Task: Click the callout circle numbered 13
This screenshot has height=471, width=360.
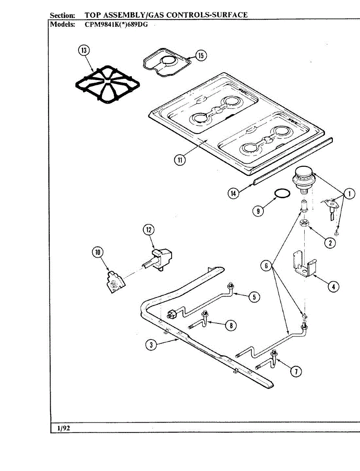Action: click(84, 50)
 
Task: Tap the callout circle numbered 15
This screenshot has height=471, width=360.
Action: click(201, 56)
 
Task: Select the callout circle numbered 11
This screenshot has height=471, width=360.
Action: click(180, 160)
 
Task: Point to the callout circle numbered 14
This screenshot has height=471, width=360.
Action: click(234, 194)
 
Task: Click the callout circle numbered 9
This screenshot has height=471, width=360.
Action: click(258, 211)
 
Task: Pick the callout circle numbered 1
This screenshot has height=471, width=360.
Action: click(349, 194)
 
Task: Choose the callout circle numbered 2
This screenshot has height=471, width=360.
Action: click(330, 243)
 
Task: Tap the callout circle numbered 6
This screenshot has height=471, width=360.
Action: click(266, 266)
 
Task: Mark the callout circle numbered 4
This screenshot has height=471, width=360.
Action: click(333, 287)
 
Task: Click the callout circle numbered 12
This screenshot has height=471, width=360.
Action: click(149, 230)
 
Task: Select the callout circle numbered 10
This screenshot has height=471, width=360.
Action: click(98, 252)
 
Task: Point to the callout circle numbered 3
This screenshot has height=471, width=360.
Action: click(151, 345)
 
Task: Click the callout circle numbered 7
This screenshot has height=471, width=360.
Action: click(296, 371)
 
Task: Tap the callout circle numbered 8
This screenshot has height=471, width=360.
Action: click(231, 325)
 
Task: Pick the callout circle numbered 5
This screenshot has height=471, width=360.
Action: click(254, 297)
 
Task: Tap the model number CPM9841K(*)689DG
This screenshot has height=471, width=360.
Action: click(116, 24)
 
